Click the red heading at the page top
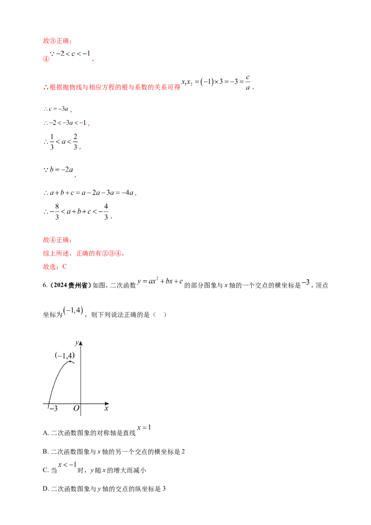(57, 41)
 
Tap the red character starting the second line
(45, 59)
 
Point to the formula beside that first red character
(70, 56)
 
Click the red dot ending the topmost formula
(94, 61)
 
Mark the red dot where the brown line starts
(88, 126)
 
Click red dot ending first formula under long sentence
(72, 112)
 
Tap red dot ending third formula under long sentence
(80, 149)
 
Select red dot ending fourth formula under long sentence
(76, 176)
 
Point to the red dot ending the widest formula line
(135, 195)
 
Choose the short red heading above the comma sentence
(57, 240)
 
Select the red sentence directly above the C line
(83, 254)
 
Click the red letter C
(67, 267)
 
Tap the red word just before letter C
(48, 267)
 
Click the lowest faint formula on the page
(67, 463)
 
